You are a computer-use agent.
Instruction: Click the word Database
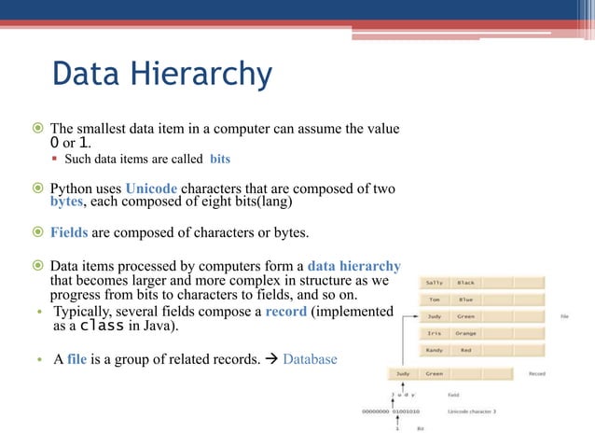(311, 358)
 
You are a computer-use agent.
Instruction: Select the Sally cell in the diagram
(435, 283)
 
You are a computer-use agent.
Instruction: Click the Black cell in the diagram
(465, 283)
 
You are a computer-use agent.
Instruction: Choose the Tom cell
(435, 300)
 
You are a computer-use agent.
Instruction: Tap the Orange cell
(465, 333)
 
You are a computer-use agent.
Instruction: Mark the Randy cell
(435, 350)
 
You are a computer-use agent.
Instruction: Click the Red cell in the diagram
(465, 350)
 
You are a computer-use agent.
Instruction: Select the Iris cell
(435, 333)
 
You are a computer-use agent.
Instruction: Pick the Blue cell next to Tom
(465, 300)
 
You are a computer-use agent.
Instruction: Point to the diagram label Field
(454, 395)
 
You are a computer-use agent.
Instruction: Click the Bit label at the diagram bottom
(421, 428)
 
